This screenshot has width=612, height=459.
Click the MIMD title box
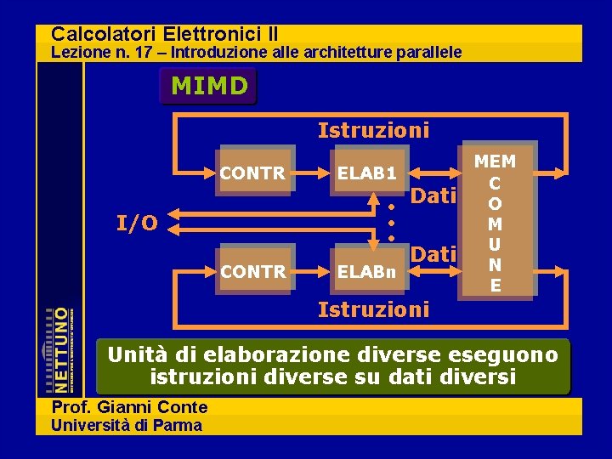[x=209, y=86]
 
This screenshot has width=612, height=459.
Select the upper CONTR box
[x=252, y=173]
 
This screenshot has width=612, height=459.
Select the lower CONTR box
[x=252, y=271]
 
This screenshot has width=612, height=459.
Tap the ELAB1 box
[x=367, y=173]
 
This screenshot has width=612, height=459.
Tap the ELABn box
[x=367, y=272]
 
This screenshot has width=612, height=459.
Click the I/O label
[x=136, y=224]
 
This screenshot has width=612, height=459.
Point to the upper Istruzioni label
[x=373, y=130]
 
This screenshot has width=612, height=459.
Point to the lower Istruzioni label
[x=373, y=309]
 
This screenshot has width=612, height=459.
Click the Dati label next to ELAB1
[x=434, y=196]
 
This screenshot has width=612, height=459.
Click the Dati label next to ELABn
[x=434, y=253]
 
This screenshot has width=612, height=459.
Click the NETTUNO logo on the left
[x=59, y=348]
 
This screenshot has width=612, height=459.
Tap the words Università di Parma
[x=127, y=425]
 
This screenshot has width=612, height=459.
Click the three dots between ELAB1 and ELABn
[x=391, y=223]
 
